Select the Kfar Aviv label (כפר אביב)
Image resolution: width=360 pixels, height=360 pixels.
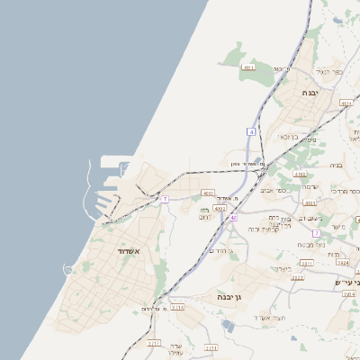click(x=273, y=191)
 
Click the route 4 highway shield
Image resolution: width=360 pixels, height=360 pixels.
click(x=252, y=131)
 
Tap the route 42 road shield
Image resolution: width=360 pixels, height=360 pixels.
click(x=232, y=217)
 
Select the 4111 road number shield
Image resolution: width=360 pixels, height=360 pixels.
click(x=249, y=67)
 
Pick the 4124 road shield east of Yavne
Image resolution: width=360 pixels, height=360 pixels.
click(x=346, y=103)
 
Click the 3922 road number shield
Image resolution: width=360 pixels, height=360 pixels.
click(x=297, y=277)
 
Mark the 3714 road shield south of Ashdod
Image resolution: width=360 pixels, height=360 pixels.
click(x=178, y=307)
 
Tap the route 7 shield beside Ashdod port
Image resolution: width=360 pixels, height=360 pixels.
click(x=165, y=199)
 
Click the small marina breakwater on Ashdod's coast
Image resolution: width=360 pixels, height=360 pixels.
click(x=68, y=269)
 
